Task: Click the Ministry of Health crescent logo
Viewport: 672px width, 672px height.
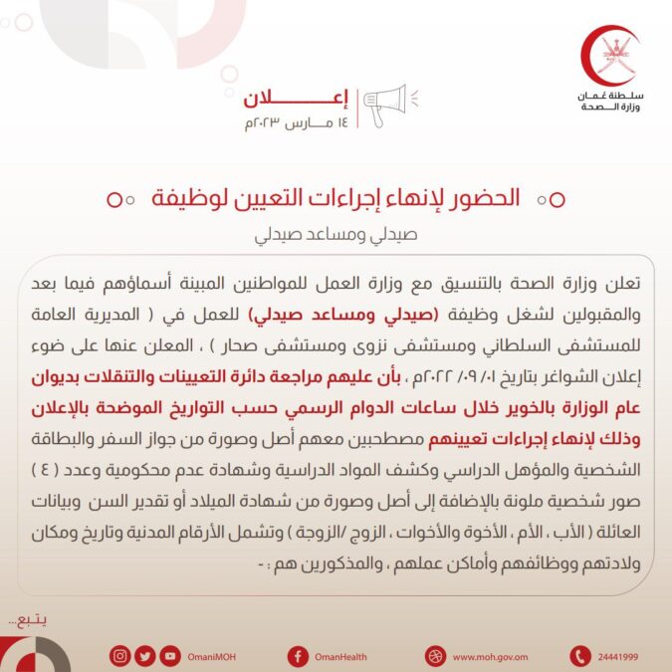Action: click(611, 60)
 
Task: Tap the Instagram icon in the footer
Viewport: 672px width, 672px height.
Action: click(120, 656)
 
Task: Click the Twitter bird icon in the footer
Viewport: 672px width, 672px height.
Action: click(145, 656)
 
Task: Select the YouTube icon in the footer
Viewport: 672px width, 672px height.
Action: click(170, 656)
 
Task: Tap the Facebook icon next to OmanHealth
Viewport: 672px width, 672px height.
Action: click(297, 656)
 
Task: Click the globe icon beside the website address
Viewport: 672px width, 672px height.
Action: click(434, 656)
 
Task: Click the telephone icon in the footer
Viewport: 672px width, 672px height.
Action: click(579, 656)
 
